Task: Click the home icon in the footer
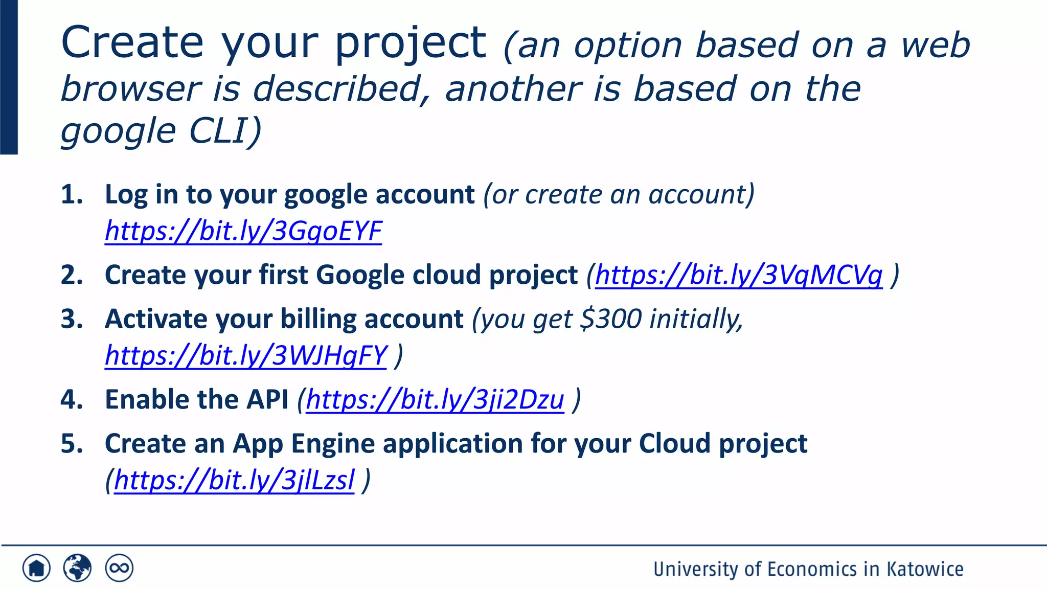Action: coord(36,568)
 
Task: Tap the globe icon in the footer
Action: coord(77,568)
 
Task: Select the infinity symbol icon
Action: coord(119,568)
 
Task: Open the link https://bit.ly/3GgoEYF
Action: coord(243,231)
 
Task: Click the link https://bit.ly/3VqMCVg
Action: coord(739,275)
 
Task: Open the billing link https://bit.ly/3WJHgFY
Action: coord(246,356)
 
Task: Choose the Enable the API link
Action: coord(435,400)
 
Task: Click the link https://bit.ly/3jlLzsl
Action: coord(234,481)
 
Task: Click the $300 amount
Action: coord(611,319)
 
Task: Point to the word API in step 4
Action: coord(267,399)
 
